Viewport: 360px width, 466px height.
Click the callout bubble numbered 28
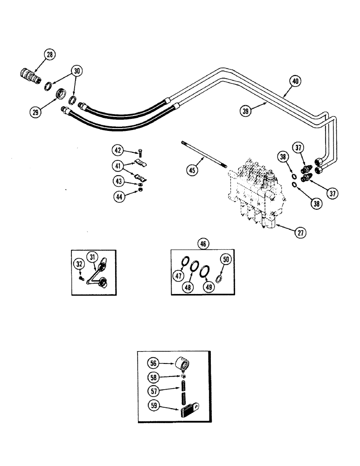point(49,55)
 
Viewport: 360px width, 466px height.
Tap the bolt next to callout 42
point(141,151)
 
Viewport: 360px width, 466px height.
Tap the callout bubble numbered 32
point(79,264)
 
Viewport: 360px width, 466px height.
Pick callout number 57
point(154,389)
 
